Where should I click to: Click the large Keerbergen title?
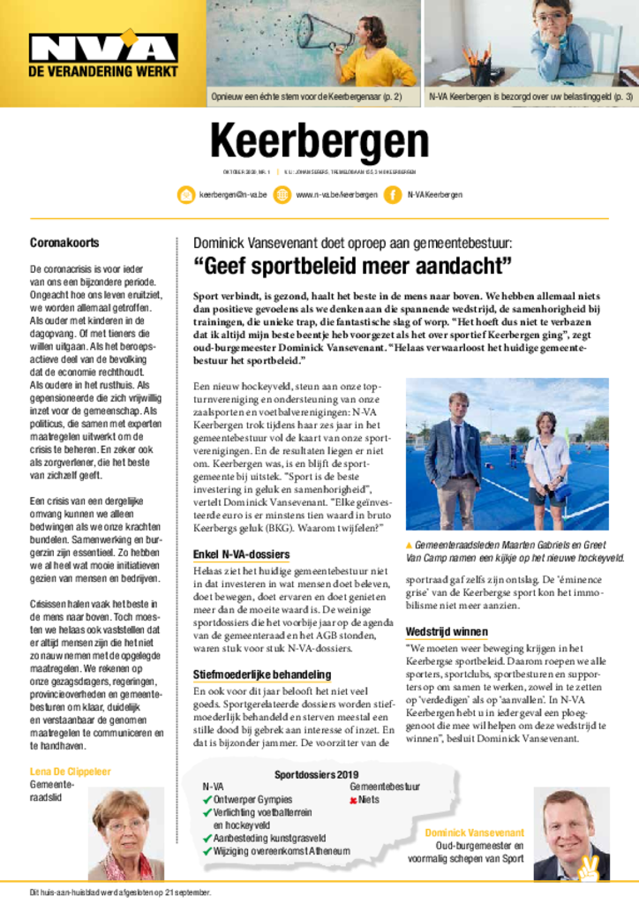[x=319, y=141]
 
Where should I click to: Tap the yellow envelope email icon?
[x=186, y=194]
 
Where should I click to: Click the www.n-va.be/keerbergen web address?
[x=336, y=194]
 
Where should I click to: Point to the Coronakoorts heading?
[x=64, y=242]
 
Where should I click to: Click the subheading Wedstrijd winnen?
[x=446, y=632]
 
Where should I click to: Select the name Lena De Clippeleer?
[x=71, y=771]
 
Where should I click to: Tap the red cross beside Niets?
[x=353, y=799]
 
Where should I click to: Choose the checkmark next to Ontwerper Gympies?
[x=207, y=799]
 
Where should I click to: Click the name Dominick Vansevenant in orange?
[x=474, y=832]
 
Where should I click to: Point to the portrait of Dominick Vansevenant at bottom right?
[x=569, y=834]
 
